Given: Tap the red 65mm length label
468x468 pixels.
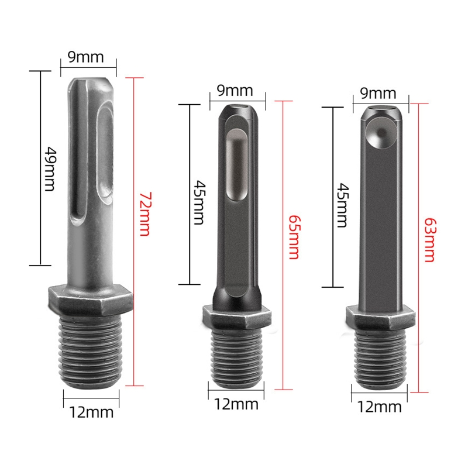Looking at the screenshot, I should click(x=293, y=236).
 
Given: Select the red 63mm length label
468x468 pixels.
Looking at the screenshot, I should click(x=429, y=240).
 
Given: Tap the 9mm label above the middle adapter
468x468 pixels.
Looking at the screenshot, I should click(x=235, y=91).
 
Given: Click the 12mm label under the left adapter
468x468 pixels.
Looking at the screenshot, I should click(x=92, y=412).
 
